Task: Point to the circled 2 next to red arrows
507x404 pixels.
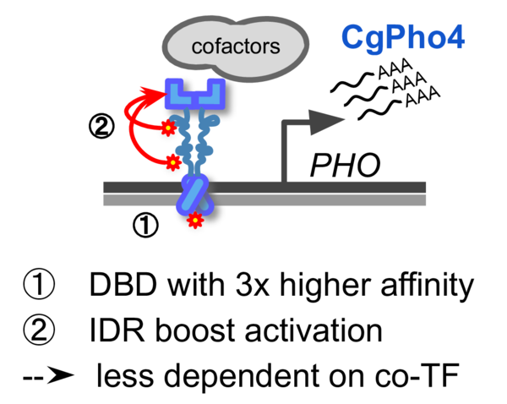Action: pyautogui.click(x=102, y=127)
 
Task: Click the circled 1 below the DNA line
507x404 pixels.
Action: pyautogui.click(x=145, y=226)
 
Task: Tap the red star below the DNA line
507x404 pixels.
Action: pyautogui.click(x=195, y=221)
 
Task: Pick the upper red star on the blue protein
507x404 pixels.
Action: pyautogui.click(x=167, y=128)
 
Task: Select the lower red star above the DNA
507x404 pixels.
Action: pyautogui.click(x=172, y=160)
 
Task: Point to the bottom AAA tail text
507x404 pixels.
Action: pyautogui.click(x=422, y=101)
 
